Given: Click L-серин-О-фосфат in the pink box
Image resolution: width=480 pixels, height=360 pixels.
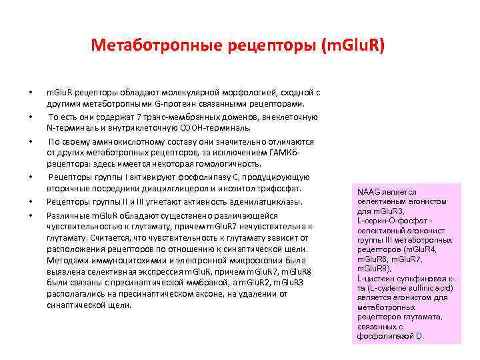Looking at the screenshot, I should click(388, 221).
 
